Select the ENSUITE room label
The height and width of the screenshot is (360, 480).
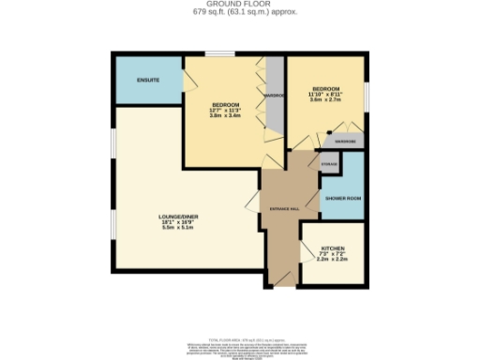(148, 81)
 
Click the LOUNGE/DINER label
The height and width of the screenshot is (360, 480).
(177, 216)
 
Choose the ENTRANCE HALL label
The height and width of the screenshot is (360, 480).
(284, 208)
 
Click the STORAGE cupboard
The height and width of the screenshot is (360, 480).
(328, 164)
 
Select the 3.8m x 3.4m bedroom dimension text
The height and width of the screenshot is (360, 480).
(226, 116)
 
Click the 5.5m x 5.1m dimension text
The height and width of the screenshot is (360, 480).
(177, 228)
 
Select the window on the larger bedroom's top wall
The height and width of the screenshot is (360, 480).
(221, 54)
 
